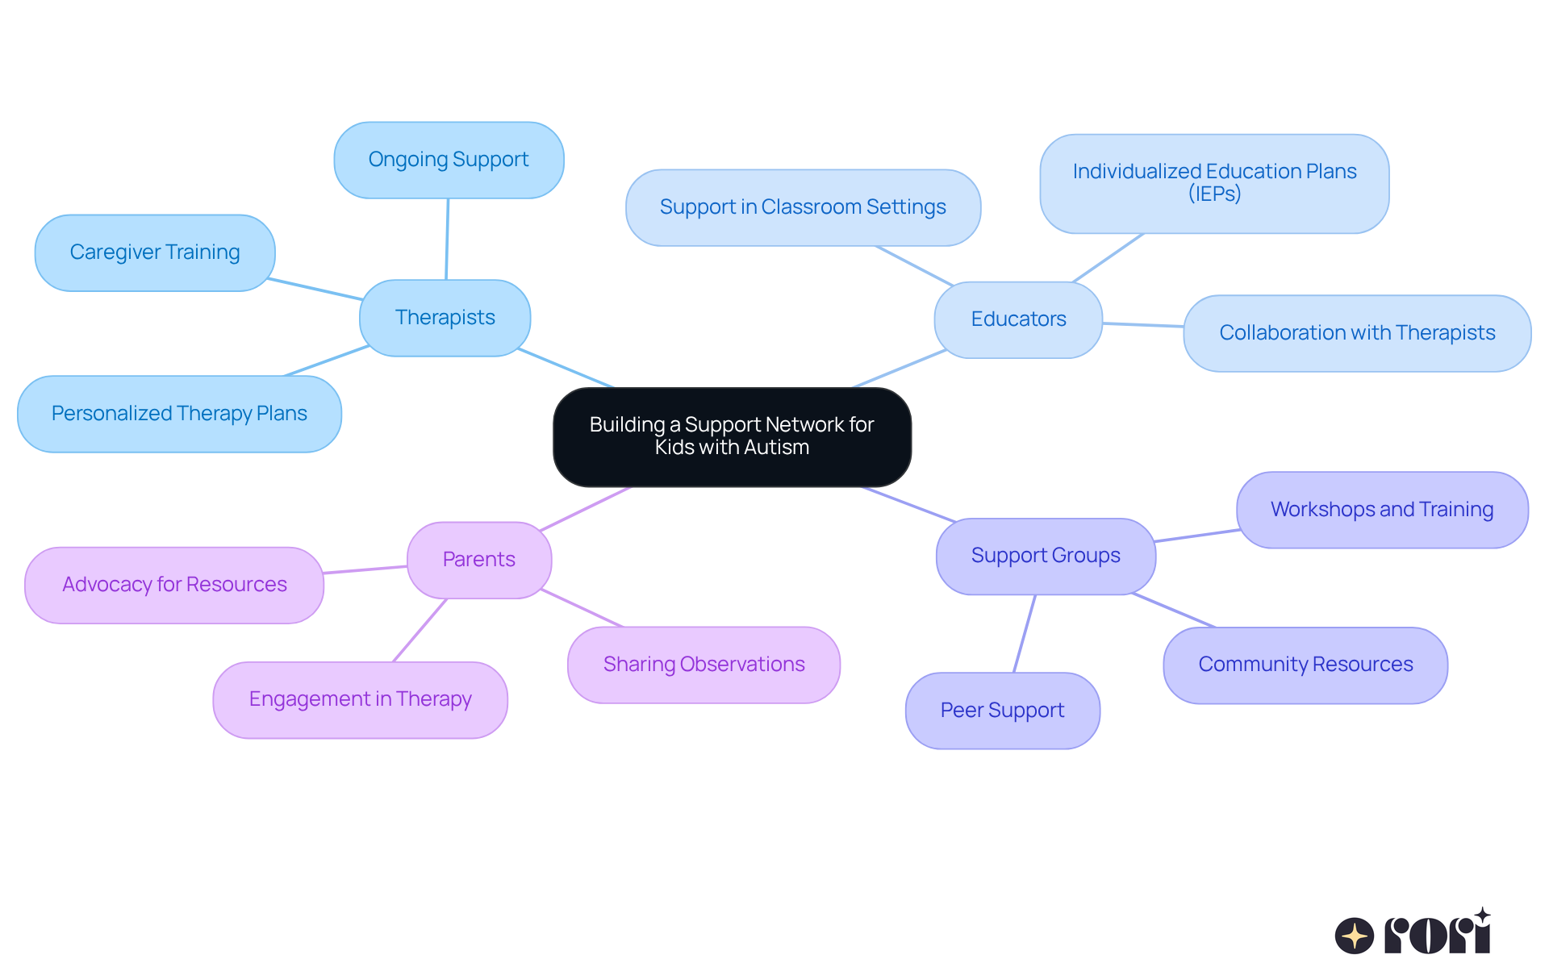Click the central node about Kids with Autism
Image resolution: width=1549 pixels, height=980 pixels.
(732, 436)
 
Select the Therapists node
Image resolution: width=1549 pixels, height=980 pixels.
(445, 318)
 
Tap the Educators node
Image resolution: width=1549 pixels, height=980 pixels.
(1018, 319)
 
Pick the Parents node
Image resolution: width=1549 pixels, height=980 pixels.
(479, 560)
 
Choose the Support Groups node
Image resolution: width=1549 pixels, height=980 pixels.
(1046, 556)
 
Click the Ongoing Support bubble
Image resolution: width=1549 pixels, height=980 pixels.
(449, 160)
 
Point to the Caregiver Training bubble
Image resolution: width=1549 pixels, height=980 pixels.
(155, 252)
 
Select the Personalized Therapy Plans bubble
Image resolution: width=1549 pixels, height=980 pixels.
(179, 414)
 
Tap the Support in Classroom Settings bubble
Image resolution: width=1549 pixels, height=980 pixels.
(803, 207)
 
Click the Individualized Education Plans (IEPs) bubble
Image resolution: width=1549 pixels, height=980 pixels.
(1214, 183)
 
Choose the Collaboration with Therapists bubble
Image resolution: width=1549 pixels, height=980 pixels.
(1357, 333)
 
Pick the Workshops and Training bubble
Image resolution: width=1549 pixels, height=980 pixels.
(1382, 510)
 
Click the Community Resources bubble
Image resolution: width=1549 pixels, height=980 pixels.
(1305, 665)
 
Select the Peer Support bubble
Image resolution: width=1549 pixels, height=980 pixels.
(1002, 711)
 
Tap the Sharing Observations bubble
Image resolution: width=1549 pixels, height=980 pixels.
(704, 665)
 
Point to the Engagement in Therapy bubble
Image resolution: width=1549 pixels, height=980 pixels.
(360, 699)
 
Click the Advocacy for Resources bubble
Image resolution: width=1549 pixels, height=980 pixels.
(174, 585)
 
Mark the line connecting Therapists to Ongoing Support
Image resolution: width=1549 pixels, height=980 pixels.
(447, 239)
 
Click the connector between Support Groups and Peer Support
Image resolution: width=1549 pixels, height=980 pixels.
(1025, 633)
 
